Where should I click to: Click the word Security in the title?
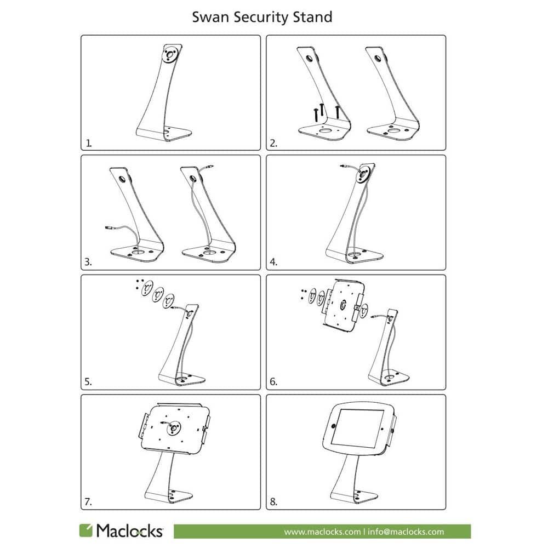click(x=261, y=18)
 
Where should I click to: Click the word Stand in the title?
click(x=312, y=17)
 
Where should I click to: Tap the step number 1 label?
click(x=89, y=143)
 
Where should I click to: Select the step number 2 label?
click(x=273, y=143)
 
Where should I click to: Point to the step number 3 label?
click(x=88, y=262)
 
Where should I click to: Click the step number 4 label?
click(x=273, y=262)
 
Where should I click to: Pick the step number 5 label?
click(x=88, y=381)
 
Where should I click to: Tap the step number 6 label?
click(x=273, y=381)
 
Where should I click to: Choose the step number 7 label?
click(x=88, y=502)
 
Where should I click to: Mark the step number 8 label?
click(x=273, y=502)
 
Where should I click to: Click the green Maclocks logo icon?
click(x=85, y=530)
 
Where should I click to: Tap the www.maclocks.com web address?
click(x=322, y=532)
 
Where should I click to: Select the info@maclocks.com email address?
click(x=406, y=532)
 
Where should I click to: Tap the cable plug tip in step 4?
click(x=342, y=167)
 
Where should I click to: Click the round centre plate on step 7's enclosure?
click(x=173, y=428)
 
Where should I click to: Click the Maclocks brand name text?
click(x=129, y=530)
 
